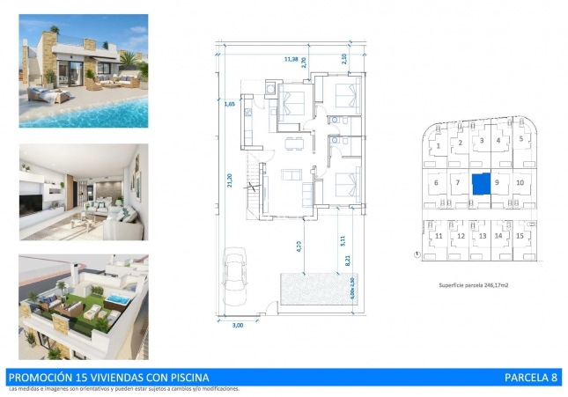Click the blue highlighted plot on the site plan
481,184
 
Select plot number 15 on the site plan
520,236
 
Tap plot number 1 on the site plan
438,145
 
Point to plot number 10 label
520,183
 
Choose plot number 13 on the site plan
482,236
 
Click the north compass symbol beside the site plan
415,255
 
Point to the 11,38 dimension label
291,59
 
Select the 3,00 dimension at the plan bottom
236,326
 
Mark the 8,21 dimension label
348,260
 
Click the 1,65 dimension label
231,105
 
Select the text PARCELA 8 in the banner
530,378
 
